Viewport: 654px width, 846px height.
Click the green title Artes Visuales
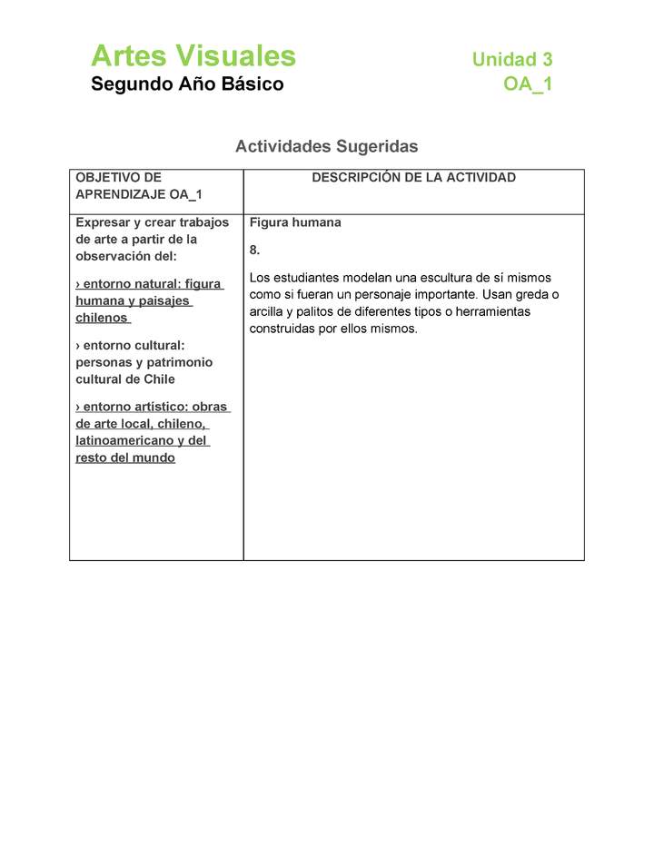tap(193, 56)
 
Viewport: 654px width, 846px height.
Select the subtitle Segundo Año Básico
tap(187, 84)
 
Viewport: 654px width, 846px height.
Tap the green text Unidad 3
tap(511, 60)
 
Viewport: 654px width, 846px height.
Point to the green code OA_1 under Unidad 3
tap(528, 84)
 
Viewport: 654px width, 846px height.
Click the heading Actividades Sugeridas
tap(326, 146)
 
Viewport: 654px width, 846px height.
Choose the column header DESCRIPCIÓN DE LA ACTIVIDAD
tap(413, 178)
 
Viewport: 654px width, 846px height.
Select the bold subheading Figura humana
tap(295, 222)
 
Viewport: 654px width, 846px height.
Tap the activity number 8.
tap(254, 250)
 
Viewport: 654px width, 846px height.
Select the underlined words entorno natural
tap(124, 284)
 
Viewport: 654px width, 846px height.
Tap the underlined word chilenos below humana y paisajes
tap(102, 319)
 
